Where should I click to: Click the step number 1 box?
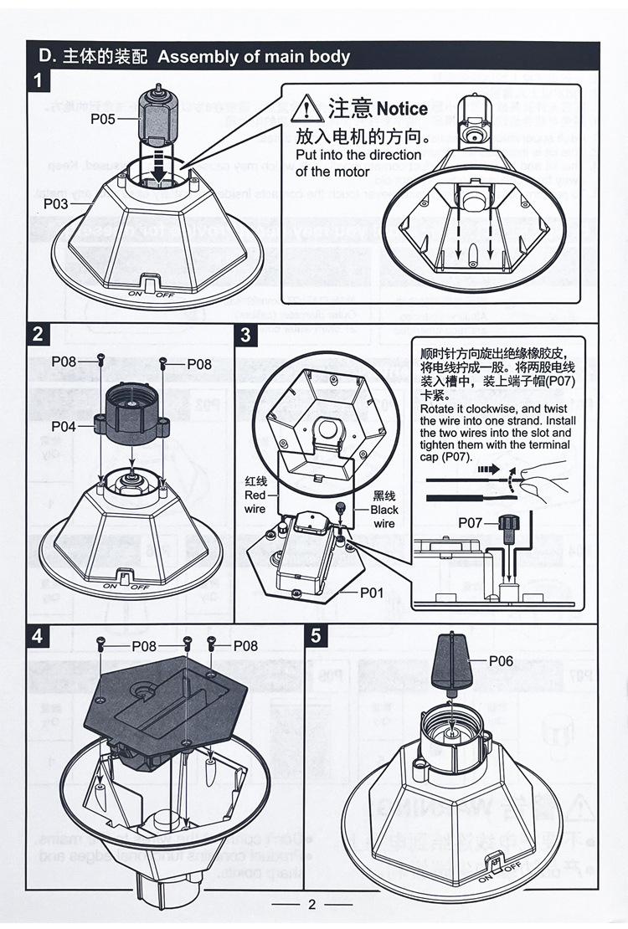pos(39,82)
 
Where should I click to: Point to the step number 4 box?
pos(39,635)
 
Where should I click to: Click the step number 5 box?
pos(316,635)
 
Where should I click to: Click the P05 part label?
pos(104,119)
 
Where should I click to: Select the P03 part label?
pos(57,203)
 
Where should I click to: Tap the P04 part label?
pos(64,426)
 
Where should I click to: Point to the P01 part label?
pos(372,593)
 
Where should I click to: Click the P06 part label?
pos(501,660)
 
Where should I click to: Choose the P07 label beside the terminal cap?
pos(471,522)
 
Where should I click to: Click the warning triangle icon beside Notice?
pos(311,109)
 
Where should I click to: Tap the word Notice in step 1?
pos(402,109)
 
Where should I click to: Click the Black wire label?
pos(384,510)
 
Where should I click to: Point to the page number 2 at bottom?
pos(311,904)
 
